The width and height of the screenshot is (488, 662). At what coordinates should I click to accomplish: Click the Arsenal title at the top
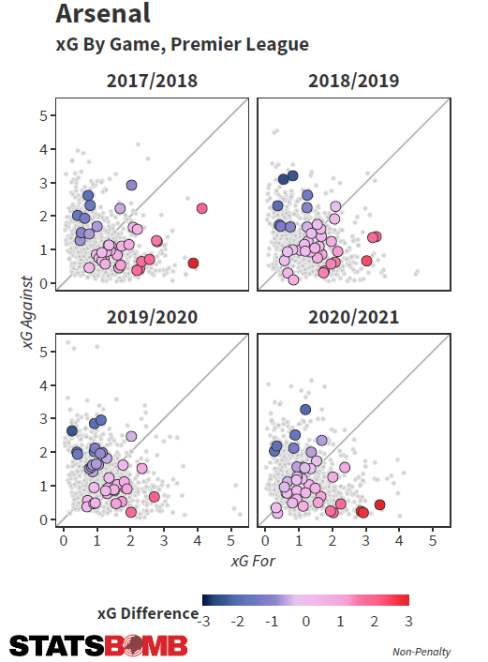(103, 13)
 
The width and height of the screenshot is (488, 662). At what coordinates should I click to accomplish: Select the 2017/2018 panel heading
(152, 81)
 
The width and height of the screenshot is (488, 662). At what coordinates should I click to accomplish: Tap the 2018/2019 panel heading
(353, 81)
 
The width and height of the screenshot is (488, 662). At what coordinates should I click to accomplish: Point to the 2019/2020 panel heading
(152, 317)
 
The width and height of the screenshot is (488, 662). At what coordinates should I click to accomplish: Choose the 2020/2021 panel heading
(353, 317)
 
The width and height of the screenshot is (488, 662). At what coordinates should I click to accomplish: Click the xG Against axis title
(27, 312)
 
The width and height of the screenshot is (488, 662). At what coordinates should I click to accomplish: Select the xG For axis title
(253, 561)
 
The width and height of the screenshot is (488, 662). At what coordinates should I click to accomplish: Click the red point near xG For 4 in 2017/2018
(193, 263)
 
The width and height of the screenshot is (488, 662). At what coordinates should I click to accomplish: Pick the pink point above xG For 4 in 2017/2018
(202, 208)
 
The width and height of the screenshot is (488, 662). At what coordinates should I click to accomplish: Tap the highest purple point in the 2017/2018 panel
(131, 185)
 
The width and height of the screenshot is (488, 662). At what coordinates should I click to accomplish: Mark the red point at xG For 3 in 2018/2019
(366, 261)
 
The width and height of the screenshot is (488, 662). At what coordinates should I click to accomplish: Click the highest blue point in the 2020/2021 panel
(305, 409)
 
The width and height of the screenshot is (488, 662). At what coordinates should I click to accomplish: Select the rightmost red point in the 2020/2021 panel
(379, 504)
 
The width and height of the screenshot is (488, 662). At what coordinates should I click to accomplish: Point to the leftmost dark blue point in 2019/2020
(72, 431)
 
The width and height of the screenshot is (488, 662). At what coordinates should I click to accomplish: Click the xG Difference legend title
(148, 613)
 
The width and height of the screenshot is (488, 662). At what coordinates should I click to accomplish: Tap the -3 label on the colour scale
(204, 622)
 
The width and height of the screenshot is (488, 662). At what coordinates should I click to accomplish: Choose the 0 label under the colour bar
(305, 622)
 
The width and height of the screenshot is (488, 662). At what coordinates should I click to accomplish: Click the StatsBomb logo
(98, 645)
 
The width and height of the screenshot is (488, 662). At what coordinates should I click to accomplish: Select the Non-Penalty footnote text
(421, 652)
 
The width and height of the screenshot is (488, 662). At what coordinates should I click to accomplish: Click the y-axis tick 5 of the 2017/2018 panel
(44, 115)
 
